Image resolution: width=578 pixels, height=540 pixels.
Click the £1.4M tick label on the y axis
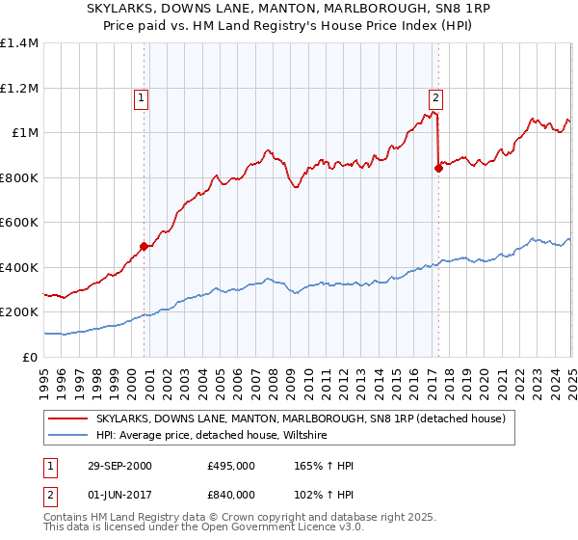point(19,43)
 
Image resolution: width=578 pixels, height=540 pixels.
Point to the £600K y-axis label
point(19,223)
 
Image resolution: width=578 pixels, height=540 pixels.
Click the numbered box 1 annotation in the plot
point(142,96)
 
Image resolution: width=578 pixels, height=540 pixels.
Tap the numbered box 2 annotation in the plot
point(436,96)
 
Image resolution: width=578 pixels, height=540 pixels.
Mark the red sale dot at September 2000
point(144,246)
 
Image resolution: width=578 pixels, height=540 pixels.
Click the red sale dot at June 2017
point(439,168)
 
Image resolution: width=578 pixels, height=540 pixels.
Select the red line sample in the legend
point(67,418)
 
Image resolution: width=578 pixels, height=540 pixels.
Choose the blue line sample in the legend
point(67,435)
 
